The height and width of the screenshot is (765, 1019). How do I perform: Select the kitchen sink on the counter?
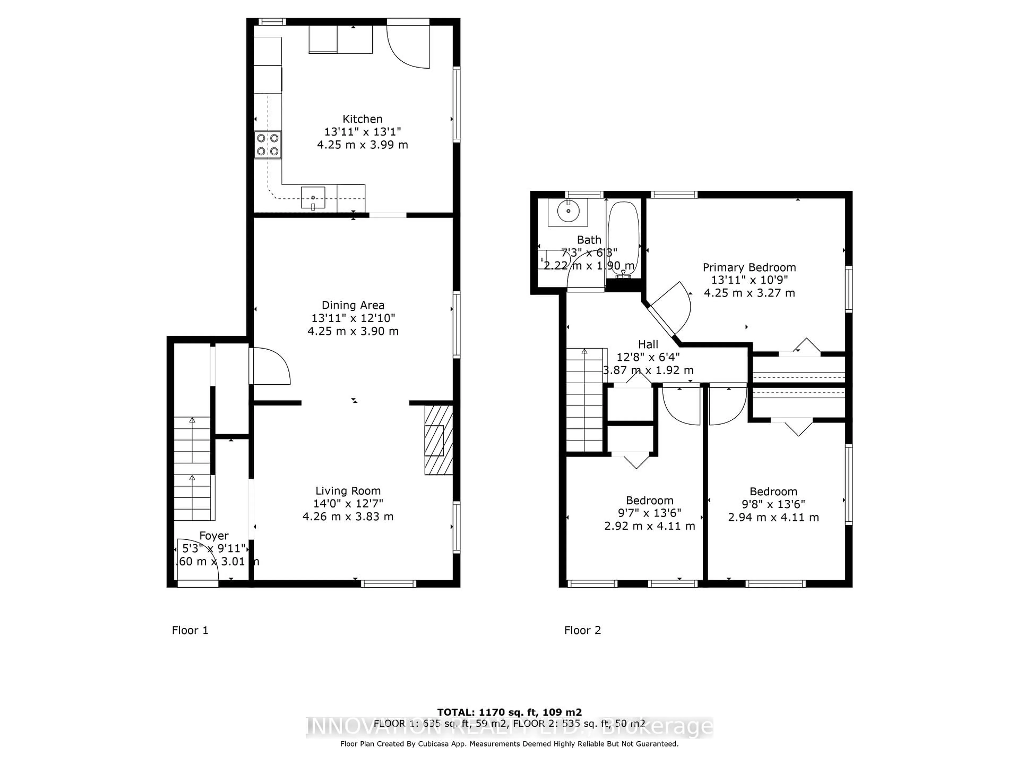coord(313,197)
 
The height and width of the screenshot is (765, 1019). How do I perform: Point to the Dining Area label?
coord(353,305)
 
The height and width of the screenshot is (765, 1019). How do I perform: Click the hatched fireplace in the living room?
coord(438,440)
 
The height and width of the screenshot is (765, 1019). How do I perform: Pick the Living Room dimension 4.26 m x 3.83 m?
coord(348,516)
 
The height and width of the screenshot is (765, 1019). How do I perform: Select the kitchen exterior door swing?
coord(407,46)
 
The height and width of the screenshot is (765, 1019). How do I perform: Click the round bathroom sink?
coord(568,211)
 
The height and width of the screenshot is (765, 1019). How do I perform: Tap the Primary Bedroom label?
coord(749,267)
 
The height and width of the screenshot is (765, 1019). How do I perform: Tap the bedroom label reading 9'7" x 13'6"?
coord(650,513)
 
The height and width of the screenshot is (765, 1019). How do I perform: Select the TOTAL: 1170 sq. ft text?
coord(509,712)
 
